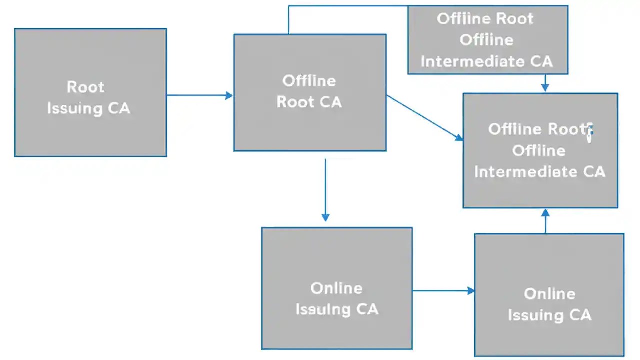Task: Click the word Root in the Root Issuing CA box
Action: click(x=86, y=87)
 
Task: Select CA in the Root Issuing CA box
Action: click(x=119, y=108)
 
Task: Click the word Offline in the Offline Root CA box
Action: click(x=309, y=80)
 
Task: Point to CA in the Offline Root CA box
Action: click(x=331, y=102)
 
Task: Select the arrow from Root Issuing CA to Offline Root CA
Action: click(x=200, y=95)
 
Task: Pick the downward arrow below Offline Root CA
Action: click(x=325, y=190)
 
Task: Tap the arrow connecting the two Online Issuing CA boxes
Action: click(x=443, y=290)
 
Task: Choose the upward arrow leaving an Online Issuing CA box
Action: click(x=545, y=221)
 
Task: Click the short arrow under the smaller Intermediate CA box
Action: click(x=545, y=83)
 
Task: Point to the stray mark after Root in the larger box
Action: click(x=589, y=132)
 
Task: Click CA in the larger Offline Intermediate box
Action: click(x=594, y=172)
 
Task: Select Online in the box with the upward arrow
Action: click(x=549, y=293)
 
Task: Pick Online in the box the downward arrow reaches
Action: click(x=336, y=288)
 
